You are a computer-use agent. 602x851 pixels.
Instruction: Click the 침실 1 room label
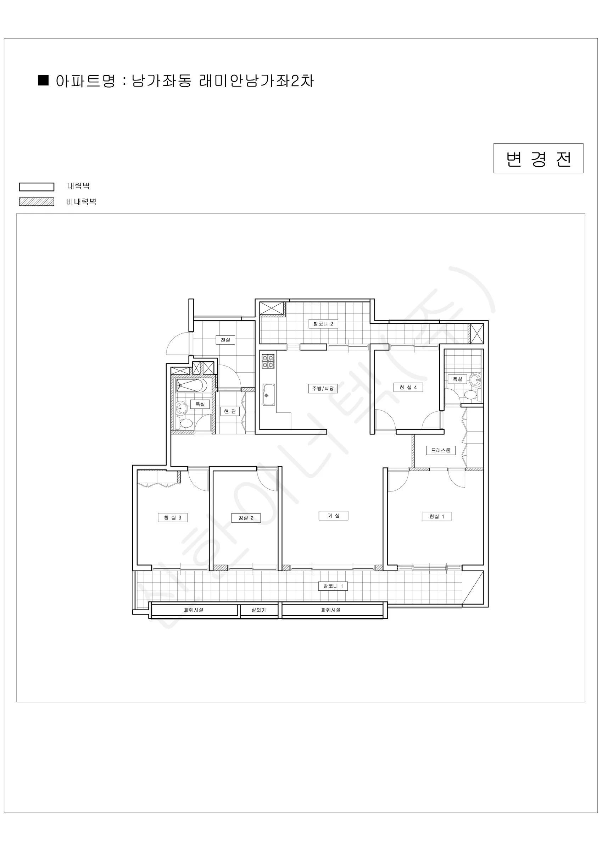[x=436, y=516]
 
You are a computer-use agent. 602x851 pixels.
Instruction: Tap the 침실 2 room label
[x=246, y=518]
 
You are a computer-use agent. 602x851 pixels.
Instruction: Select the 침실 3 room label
[x=172, y=517]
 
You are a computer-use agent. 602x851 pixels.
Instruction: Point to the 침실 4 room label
[x=408, y=387]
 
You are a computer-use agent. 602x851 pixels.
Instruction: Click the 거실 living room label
[x=333, y=516]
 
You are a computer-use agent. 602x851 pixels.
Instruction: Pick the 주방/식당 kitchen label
[x=323, y=388]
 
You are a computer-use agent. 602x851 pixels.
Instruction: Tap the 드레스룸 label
[x=441, y=450]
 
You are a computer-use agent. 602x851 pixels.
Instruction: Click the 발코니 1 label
[x=333, y=586]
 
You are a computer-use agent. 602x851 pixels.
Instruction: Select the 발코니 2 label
[x=323, y=324]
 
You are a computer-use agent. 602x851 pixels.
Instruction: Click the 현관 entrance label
[x=230, y=411]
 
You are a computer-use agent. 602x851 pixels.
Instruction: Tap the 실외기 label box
[x=259, y=610]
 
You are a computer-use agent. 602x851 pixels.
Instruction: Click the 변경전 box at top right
[x=538, y=158]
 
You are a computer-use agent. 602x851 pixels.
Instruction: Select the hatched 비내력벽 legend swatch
[x=37, y=202]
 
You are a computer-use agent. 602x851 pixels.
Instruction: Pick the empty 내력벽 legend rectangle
[x=37, y=187]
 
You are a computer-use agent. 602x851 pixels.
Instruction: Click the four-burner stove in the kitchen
[x=268, y=361]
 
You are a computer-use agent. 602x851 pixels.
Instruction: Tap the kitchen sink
[x=269, y=394]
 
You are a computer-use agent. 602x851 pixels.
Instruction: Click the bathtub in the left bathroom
[x=192, y=385]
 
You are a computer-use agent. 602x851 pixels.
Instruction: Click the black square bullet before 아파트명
[x=43, y=80]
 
